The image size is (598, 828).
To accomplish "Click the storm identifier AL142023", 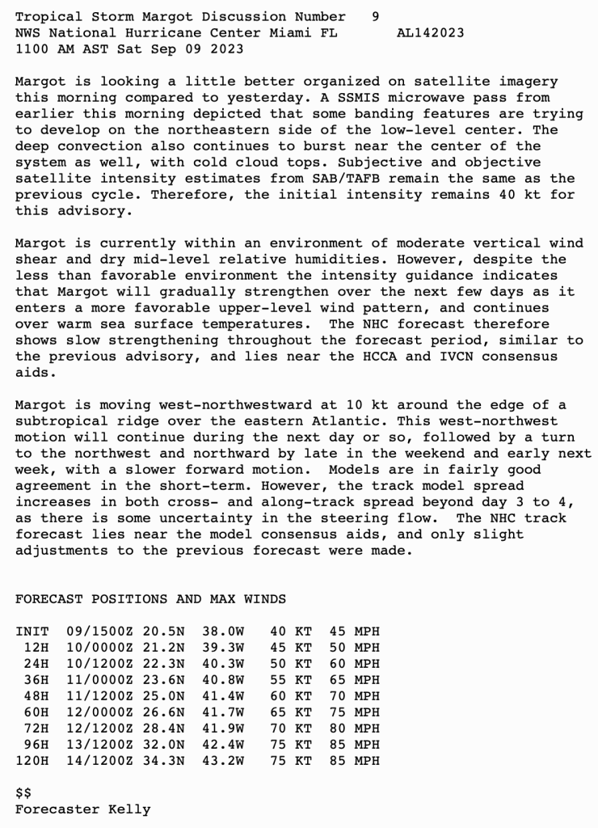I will pos(431,33).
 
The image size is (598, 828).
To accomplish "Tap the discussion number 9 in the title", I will pos(376,17).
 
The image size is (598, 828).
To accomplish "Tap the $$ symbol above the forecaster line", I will pos(23,793).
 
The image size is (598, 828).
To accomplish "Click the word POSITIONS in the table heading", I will pos(129,599).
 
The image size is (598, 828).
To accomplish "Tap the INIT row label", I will pos(32,632).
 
